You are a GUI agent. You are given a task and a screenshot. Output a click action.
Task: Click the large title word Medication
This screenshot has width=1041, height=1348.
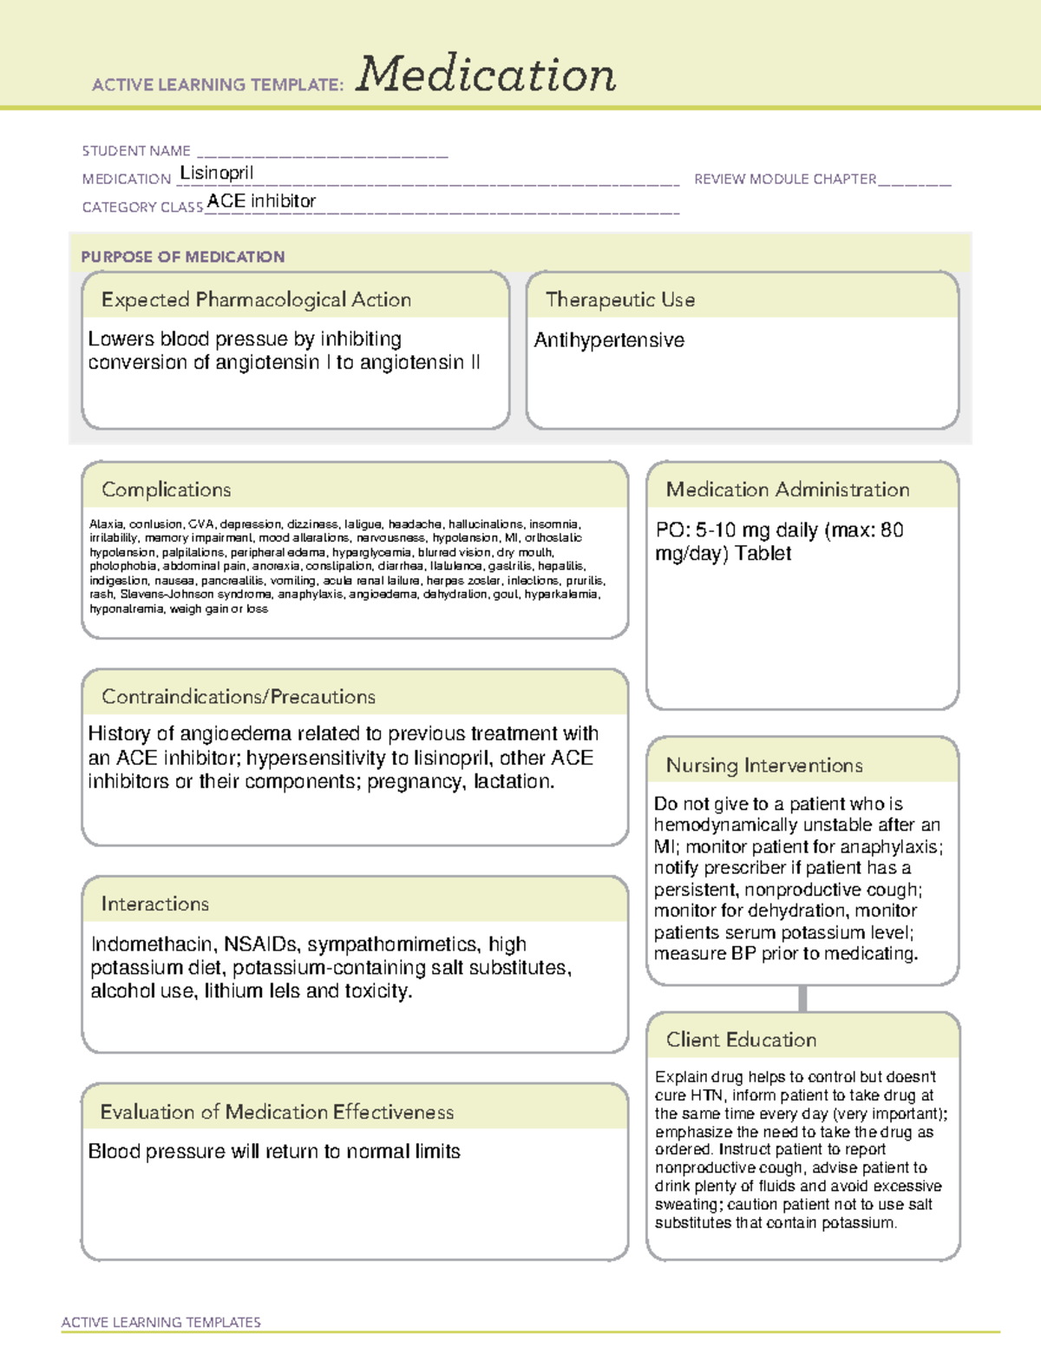(x=486, y=75)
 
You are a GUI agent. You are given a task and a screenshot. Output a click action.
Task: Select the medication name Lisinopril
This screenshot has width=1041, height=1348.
(x=216, y=173)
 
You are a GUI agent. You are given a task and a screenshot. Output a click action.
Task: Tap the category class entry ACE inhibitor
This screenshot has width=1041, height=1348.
(x=261, y=201)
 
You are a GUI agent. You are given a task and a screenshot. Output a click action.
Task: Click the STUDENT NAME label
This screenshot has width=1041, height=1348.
(x=136, y=151)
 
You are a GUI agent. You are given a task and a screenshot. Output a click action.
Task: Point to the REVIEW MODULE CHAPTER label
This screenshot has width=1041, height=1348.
(x=785, y=179)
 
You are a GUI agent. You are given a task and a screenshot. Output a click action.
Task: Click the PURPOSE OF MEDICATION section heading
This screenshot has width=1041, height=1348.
(x=182, y=257)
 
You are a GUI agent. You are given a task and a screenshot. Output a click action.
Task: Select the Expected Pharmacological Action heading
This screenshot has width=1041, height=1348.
(x=256, y=299)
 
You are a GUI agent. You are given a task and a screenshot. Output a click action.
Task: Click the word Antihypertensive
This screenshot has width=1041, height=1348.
(x=609, y=340)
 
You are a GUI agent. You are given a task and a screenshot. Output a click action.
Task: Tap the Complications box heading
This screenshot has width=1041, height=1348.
(x=166, y=490)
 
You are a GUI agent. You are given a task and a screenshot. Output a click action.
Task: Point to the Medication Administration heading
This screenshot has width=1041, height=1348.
(x=787, y=490)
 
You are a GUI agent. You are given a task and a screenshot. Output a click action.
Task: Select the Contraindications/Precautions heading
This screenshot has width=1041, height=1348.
(x=238, y=696)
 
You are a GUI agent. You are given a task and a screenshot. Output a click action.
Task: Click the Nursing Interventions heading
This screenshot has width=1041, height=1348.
(x=763, y=765)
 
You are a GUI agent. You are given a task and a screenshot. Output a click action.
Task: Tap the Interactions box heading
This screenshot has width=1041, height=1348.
(x=154, y=904)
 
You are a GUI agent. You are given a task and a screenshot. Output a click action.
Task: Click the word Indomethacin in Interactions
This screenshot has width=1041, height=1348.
(x=152, y=944)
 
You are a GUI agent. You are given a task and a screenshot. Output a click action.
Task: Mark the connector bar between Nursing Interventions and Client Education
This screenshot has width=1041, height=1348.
(x=802, y=998)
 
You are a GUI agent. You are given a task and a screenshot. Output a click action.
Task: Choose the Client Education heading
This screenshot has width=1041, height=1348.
(x=741, y=1040)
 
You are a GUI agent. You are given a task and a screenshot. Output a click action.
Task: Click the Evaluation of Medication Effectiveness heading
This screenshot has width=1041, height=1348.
(x=277, y=1112)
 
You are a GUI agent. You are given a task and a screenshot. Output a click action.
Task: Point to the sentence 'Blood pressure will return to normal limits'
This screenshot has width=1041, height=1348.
(x=274, y=1152)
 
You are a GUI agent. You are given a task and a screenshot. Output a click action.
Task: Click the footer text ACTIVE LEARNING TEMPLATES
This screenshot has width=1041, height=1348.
(x=160, y=1322)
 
